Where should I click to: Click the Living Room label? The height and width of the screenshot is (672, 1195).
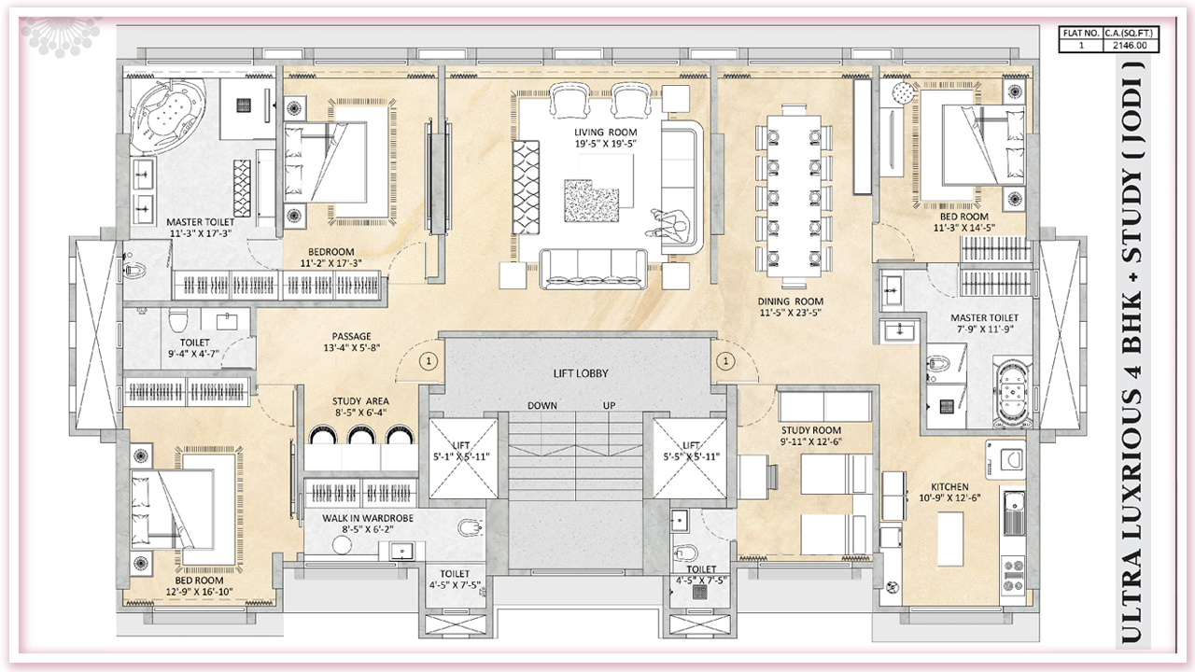coord(606,133)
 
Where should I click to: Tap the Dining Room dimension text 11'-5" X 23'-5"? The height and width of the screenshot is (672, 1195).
coord(790,313)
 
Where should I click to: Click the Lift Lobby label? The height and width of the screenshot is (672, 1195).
coord(581,373)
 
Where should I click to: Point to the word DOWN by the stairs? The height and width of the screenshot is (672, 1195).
coord(542,405)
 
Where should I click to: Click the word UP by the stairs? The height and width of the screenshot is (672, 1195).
coord(610,405)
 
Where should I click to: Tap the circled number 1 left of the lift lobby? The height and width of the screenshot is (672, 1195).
coord(429,361)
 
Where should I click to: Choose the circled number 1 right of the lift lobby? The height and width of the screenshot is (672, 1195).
coord(725,361)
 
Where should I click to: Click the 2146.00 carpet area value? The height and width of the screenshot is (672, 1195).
coord(1130,46)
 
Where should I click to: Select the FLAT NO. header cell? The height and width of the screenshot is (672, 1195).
coord(1081,33)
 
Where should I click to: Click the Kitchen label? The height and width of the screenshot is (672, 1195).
coord(950,487)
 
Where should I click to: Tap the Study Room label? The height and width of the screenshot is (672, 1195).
coord(811,430)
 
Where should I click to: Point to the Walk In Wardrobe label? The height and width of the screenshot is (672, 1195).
coord(368,518)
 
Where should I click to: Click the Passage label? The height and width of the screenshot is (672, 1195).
coord(351,337)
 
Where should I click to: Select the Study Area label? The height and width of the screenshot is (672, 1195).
coord(360,401)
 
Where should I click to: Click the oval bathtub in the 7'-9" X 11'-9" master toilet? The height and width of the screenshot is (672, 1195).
coord(1012,393)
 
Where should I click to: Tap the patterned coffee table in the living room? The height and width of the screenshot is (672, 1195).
coord(591,201)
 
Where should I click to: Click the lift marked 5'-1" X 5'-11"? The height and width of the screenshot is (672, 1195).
coord(463,458)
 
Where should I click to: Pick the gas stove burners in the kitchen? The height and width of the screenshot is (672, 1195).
coord(1013,573)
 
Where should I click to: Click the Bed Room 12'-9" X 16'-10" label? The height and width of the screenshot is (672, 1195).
coord(200,585)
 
